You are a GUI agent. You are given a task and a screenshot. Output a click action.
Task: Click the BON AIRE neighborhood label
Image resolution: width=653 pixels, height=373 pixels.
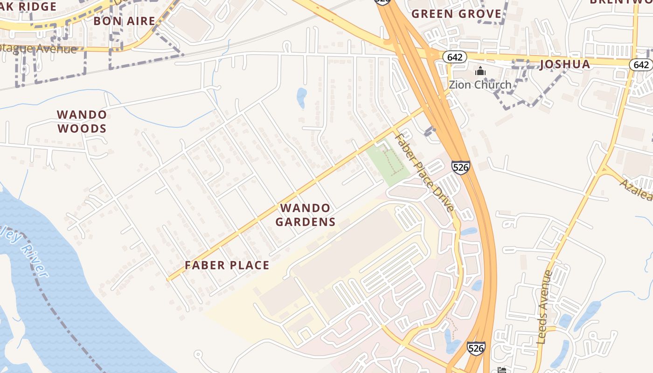tap(124, 21)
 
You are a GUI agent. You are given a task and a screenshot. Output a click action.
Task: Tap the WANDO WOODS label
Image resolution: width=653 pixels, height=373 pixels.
tap(82, 121)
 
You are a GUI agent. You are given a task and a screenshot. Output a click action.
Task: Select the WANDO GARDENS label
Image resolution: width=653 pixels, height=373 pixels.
tap(305, 215)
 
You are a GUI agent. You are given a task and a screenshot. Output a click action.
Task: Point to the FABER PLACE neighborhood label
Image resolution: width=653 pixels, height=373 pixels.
tap(227, 265)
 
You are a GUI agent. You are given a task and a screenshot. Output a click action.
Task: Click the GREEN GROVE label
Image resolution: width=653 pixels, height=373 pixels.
tap(456, 14)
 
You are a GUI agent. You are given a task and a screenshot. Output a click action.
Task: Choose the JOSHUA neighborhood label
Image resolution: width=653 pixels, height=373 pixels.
tap(565, 64)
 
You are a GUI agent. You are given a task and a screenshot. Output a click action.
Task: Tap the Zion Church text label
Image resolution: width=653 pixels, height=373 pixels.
tap(480, 85)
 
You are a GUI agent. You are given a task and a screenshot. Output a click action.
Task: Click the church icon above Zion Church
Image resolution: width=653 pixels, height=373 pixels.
tap(480, 71)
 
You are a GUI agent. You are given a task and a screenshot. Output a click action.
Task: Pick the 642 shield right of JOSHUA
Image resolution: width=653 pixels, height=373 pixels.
tap(641, 64)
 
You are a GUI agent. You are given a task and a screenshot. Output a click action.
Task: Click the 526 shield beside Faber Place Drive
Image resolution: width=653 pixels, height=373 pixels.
tap(460, 167)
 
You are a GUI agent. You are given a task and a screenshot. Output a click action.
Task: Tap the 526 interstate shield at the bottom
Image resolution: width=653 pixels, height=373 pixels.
tap(476, 348)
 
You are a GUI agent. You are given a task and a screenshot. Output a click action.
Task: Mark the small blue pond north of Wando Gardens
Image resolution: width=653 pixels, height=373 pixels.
tap(302, 97)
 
